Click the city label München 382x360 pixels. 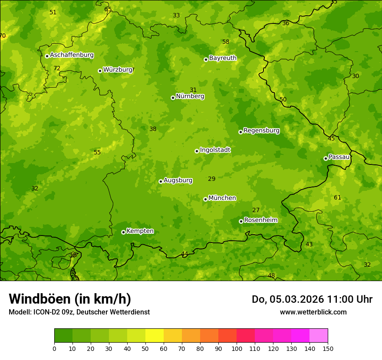point(222,198)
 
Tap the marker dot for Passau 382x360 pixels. point(326,158)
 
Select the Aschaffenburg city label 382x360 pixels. point(72,55)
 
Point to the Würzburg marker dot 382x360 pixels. point(100,71)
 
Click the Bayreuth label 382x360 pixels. point(223,58)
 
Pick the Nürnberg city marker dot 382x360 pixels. point(173,98)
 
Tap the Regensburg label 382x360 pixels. point(261,131)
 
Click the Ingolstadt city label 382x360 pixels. point(215,150)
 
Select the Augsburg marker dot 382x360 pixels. point(161,181)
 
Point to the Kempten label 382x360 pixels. point(140,231)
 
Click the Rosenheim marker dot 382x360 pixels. point(241,221)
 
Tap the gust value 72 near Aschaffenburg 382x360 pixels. point(57,69)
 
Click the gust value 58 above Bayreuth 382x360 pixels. point(226,42)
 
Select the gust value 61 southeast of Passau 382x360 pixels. point(337,198)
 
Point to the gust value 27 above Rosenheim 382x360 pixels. point(256,210)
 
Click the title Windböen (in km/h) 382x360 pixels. point(70,299)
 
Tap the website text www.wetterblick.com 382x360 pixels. point(313,312)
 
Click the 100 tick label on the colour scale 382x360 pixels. point(237,348)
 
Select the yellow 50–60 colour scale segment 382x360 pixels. point(155,336)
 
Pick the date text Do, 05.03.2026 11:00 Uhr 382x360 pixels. point(312,299)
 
